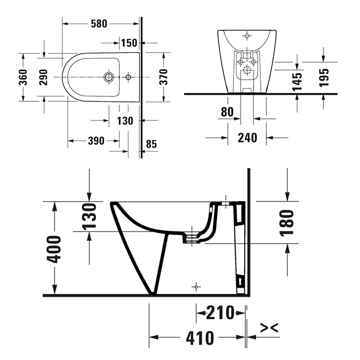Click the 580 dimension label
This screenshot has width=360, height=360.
click(99, 24)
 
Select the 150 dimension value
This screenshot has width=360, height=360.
click(129, 43)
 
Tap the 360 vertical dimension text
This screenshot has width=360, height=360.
click(23, 77)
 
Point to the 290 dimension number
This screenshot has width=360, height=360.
click(43, 77)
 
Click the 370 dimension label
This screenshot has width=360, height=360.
click(164, 77)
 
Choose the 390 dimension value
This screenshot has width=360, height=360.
click(96, 141)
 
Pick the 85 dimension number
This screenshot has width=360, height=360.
click(151, 144)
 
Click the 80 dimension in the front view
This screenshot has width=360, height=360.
click(227, 112)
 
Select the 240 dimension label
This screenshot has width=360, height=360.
click(247, 138)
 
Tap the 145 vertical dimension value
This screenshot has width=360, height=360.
click(297, 82)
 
